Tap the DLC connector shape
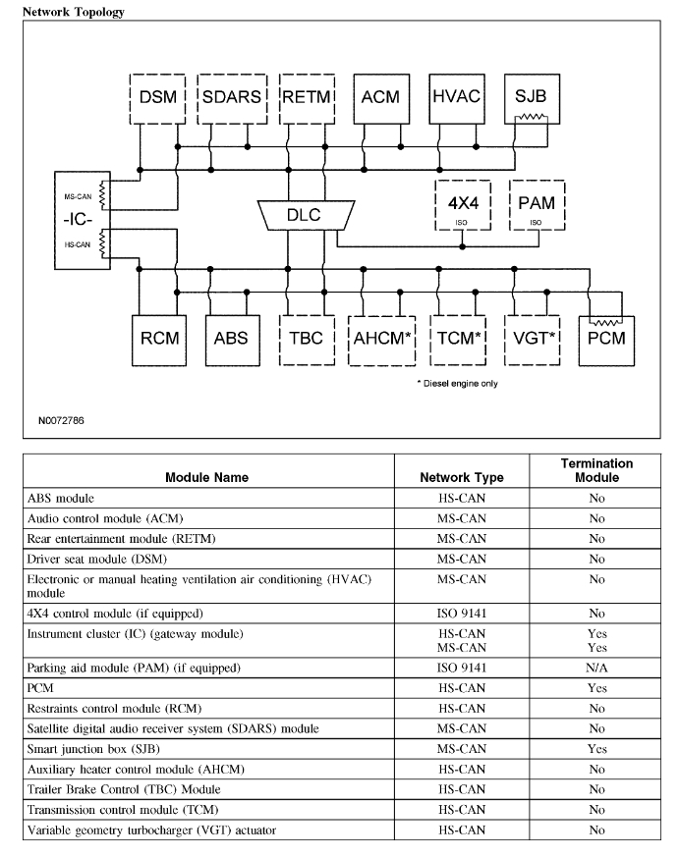click(304, 214)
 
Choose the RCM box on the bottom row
click(158, 339)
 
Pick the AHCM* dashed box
click(381, 339)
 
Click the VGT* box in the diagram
click(532, 339)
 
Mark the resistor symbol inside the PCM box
click(603, 321)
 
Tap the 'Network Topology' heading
click(67, 12)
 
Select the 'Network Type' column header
click(461, 477)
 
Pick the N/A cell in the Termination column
click(595, 669)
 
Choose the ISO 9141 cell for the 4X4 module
click(461, 614)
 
